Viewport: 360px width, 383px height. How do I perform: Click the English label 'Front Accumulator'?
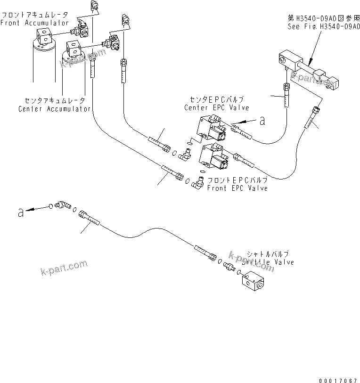coord(34,23)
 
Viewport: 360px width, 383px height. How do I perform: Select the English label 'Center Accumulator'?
coord(54,109)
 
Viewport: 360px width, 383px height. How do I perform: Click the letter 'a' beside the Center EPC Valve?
coord(262,121)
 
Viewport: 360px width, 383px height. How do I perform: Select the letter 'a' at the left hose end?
coord(20,213)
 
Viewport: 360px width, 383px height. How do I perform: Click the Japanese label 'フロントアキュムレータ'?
coord(34,15)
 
